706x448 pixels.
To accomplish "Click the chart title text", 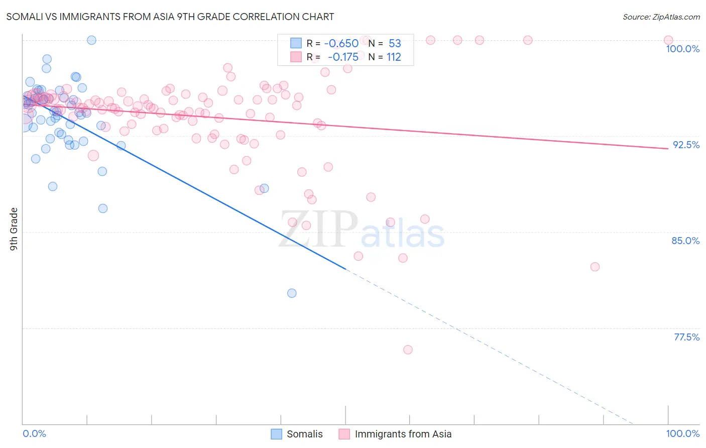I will [x=170, y=17].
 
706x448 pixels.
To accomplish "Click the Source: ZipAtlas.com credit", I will [x=661, y=17].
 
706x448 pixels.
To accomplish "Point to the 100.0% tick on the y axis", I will [x=682, y=49].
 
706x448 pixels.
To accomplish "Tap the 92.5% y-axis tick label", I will [x=686, y=145].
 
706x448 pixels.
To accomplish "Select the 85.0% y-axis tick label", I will [x=685, y=241].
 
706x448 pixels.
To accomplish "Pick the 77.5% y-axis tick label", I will [x=686, y=337].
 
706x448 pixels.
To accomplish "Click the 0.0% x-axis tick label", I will [x=34, y=433].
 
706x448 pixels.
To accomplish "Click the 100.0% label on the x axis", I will [x=682, y=433].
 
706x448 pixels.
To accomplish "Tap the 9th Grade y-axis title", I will [x=14, y=229].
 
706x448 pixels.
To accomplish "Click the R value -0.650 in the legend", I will [x=341, y=43].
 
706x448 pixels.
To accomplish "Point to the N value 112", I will [x=394, y=57].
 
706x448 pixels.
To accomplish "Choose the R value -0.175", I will [x=343, y=57].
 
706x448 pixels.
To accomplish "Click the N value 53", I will [x=395, y=43].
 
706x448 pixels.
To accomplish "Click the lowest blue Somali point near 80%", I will [x=292, y=293].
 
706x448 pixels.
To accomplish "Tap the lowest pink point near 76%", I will [x=408, y=350].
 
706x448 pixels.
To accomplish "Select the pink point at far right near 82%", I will [x=595, y=267].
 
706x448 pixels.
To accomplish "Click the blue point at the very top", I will [x=91, y=40].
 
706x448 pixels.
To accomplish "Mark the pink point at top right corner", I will [x=668, y=40].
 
